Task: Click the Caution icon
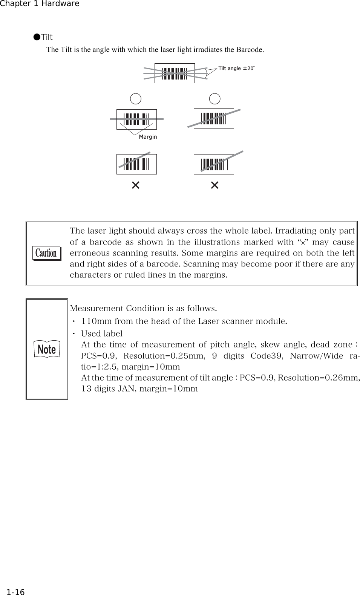(x=46, y=253)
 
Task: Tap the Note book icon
(x=47, y=349)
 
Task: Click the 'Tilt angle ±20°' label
(x=236, y=68)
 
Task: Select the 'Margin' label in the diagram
(x=148, y=137)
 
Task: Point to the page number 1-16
(x=15, y=582)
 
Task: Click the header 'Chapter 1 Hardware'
(x=40, y=4)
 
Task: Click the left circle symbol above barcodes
(x=136, y=99)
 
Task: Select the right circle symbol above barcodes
(x=215, y=99)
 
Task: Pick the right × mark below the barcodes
(x=215, y=185)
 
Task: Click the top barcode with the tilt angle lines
(x=175, y=73)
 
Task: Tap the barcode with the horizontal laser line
(x=136, y=119)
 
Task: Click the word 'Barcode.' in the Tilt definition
(x=250, y=50)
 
